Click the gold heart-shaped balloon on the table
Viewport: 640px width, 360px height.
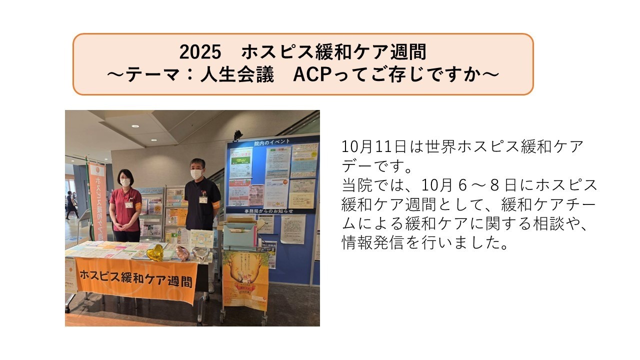click(x=156, y=252)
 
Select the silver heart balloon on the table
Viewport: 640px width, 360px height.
click(x=201, y=254)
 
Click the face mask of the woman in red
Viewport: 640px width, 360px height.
click(x=125, y=182)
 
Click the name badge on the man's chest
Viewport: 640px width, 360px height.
click(x=203, y=199)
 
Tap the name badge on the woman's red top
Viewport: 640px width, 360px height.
click(x=129, y=204)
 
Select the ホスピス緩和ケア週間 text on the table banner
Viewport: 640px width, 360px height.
click(x=135, y=278)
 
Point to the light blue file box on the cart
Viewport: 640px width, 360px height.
click(x=240, y=234)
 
